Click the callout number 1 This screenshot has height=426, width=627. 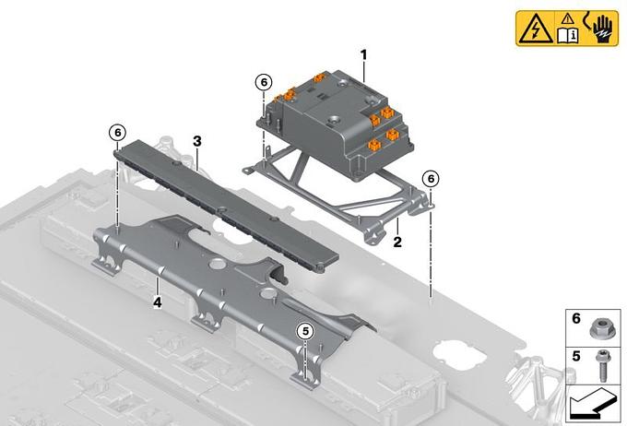tap(363, 54)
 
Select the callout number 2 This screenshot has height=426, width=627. tap(397, 242)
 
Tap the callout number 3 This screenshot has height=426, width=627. tap(197, 141)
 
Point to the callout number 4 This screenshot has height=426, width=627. tap(158, 302)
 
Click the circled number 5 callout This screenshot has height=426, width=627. tap(305, 331)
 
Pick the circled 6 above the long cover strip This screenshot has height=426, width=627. tap(118, 133)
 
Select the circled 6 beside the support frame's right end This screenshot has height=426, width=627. tap(431, 178)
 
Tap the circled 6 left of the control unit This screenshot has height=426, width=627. tap(264, 82)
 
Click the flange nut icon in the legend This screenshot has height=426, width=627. tap(599, 329)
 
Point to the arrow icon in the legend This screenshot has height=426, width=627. tap(593, 404)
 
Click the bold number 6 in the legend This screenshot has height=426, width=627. tap(576, 318)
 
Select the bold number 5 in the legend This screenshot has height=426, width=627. tap(576, 356)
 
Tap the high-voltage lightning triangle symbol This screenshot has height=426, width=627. tap(535, 30)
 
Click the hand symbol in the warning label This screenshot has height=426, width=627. tap(602, 29)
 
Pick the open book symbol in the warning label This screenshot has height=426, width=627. tap(568, 35)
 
